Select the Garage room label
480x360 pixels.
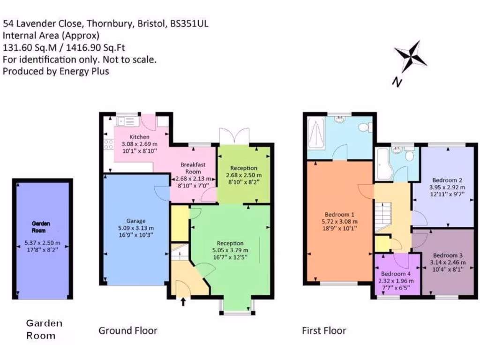pos(136,221)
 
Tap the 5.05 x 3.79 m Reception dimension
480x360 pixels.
pos(230,250)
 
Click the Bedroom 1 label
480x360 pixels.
pos(339,214)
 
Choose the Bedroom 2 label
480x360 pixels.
pos(447,180)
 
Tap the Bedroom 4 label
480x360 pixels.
pos(396,274)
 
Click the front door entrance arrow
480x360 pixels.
pos(183,301)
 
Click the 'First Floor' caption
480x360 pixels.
pos(324,330)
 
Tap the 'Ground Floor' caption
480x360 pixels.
pos(127,330)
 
